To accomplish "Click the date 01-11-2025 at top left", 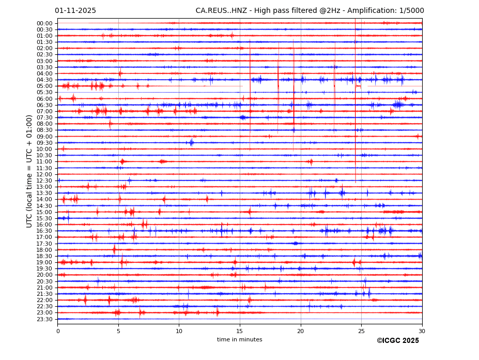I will click(75, 11).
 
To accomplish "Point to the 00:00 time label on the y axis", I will click(44, 23).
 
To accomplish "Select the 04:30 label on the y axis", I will click(44, 80).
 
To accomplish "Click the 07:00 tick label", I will click(44, 111).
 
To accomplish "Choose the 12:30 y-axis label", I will click(44, 181).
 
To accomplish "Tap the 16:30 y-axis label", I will click(44, 231).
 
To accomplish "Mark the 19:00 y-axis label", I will click(44, 262).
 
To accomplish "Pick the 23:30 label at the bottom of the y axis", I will click(44, 319).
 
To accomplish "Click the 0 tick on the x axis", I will click(58, 331).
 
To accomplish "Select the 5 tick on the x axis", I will click(118, 331).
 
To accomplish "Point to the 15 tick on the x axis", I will click(240, 331).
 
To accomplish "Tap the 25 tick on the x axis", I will click(361, 331).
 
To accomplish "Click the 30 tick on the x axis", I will click(422, 331).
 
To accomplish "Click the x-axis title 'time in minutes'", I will click(239, 340).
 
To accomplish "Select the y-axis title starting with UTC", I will click(30, 171).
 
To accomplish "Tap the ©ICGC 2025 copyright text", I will click(397, 341).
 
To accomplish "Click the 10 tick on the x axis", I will click(179, 331).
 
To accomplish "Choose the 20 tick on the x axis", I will click(300, 331).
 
